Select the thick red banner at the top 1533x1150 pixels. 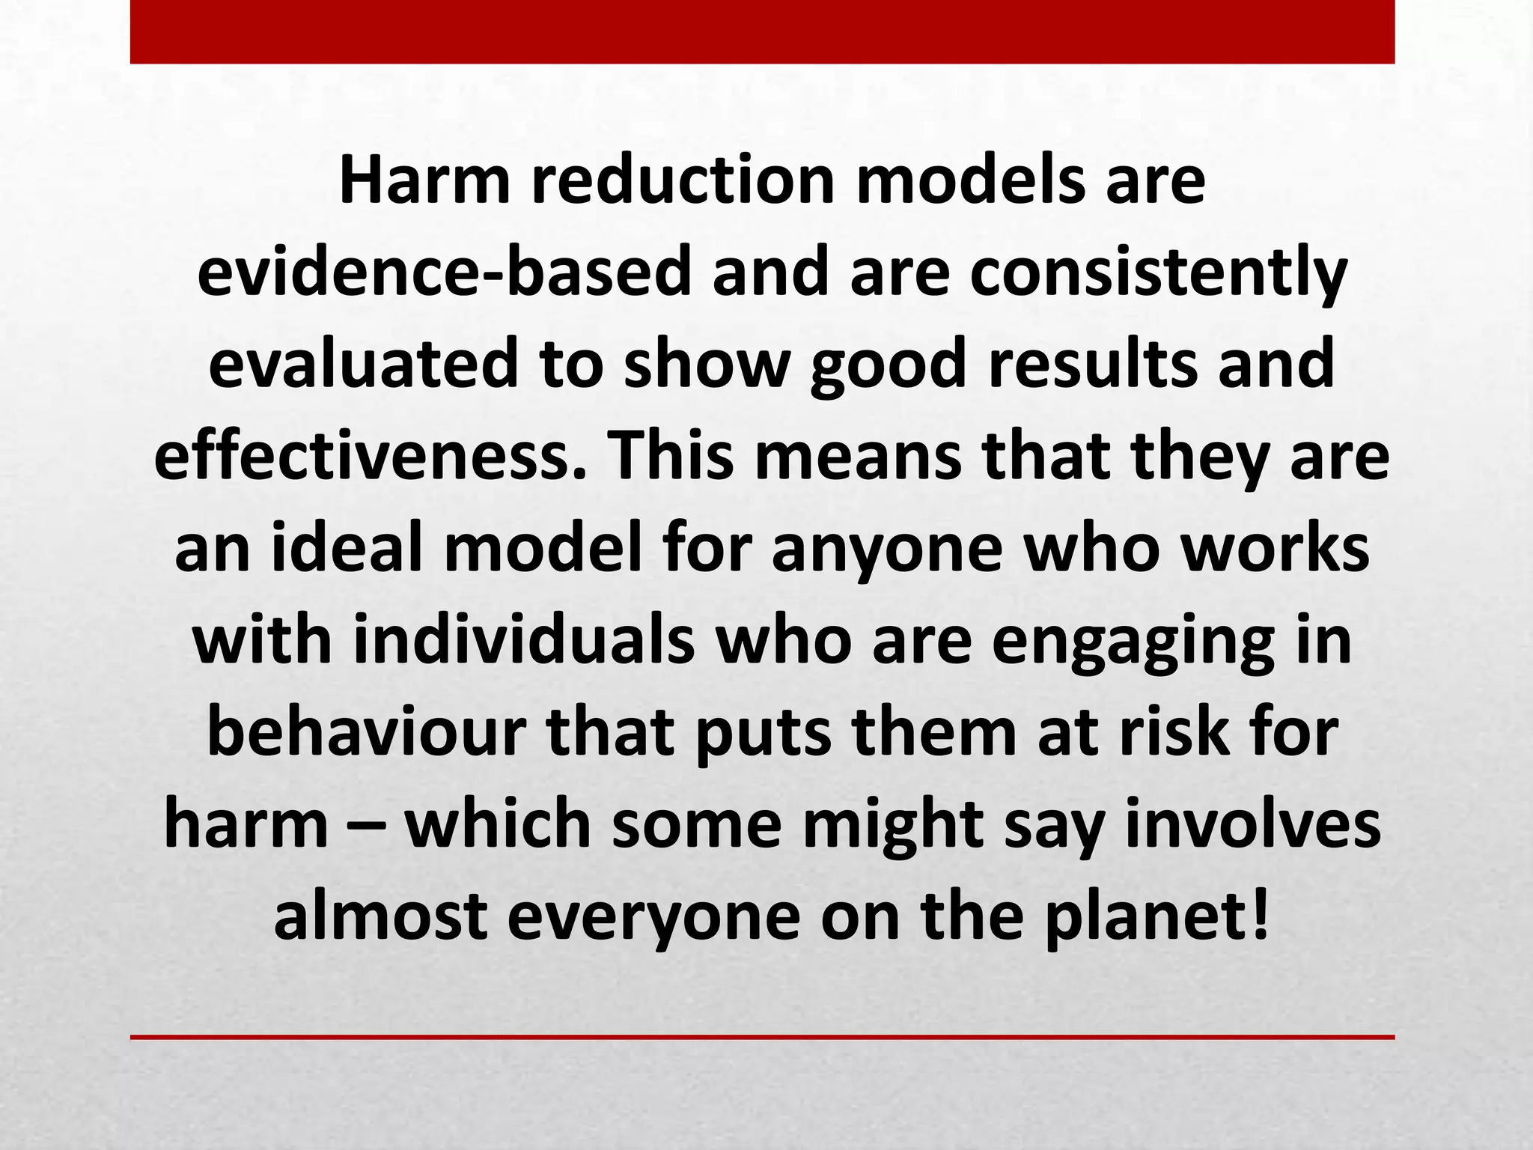pyautogui.click(x=762, y=31)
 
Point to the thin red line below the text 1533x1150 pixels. pyautogui.click(x=762, y=1037)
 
